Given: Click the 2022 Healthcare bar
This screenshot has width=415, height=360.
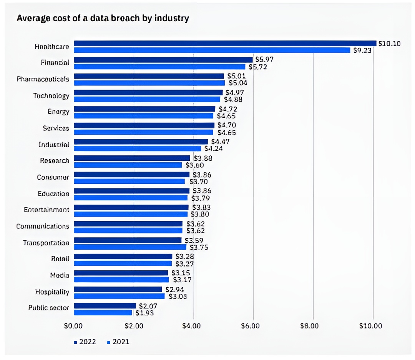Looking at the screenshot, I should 225,43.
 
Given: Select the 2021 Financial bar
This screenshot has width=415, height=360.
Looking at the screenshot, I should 159,67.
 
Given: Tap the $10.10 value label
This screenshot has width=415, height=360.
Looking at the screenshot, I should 389,43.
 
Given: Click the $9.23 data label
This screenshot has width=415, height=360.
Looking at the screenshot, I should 362,50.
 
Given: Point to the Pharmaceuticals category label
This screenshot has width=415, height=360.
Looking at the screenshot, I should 43,79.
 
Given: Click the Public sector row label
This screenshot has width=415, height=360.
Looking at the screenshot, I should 49,308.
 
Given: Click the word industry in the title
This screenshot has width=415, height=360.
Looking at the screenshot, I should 172,18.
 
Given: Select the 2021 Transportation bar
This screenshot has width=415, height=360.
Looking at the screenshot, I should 130,247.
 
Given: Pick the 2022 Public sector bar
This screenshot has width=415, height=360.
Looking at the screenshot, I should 105,306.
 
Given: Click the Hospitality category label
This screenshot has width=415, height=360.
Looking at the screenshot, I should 52,292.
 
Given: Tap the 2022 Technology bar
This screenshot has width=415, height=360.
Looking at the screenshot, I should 148,92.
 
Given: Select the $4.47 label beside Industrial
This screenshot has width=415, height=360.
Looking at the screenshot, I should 220,142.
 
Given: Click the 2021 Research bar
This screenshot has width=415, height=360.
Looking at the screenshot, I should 128,165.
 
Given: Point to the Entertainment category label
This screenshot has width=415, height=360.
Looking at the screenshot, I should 46,210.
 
